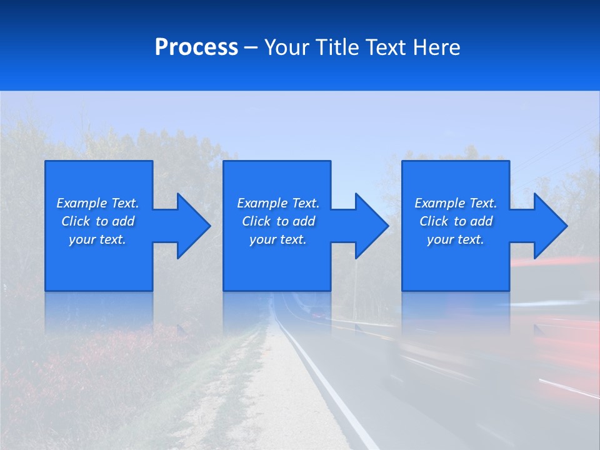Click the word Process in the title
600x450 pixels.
tap(196, 47)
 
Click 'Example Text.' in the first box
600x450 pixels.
tap(97, 203)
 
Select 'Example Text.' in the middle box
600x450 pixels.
tap(278, 203)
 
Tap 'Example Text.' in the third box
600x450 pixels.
tap(456, 203)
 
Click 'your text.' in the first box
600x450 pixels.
tap(97, 239)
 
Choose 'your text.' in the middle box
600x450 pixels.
tap(278, 239)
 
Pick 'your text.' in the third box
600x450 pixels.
tap(456, 239)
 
